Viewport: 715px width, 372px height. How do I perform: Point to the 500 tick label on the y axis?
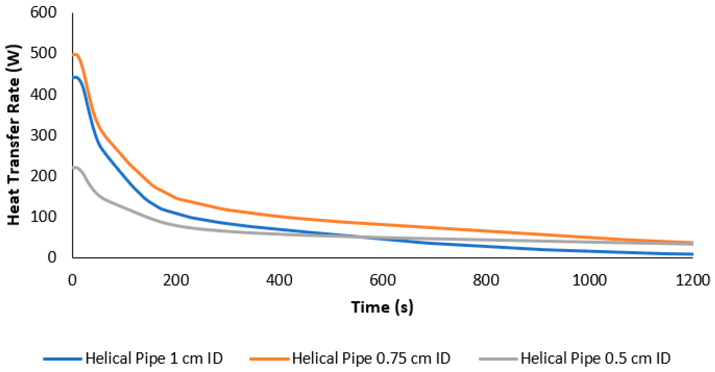43,53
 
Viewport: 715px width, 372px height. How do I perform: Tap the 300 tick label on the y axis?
43,136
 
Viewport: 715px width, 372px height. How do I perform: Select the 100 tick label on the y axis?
43,217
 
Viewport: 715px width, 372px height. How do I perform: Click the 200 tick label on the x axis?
176,280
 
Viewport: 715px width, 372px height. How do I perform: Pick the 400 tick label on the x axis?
279,280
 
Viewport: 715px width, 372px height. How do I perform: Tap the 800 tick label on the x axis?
486,280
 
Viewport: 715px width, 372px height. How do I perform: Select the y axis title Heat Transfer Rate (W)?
13,135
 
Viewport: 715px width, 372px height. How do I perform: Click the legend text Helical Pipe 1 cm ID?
154,358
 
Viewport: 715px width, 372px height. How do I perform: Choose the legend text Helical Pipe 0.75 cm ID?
371,358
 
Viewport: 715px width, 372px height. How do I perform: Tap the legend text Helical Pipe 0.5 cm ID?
595,358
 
